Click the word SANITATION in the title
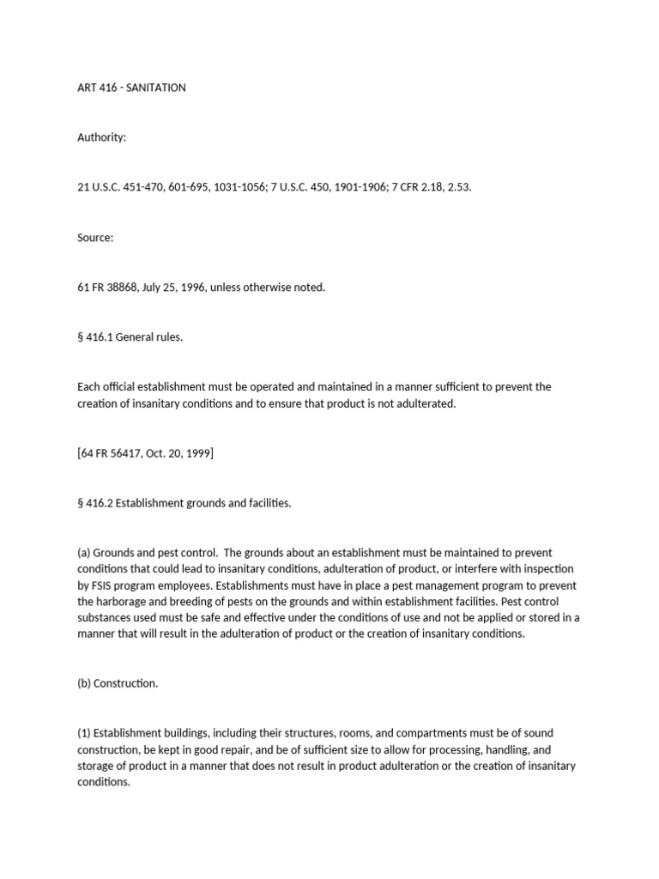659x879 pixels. click(156, 88)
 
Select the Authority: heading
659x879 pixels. click(101, 138)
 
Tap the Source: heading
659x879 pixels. click(95, 238)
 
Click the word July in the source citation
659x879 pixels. click(169, 288)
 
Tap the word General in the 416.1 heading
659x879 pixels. click(138, 337)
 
